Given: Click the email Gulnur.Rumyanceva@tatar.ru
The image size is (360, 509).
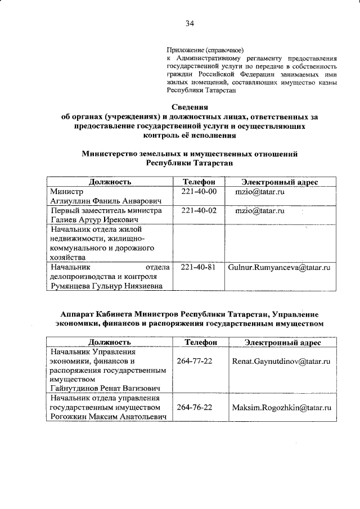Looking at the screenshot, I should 279,268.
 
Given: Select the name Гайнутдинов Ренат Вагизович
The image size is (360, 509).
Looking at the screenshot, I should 105,389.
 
